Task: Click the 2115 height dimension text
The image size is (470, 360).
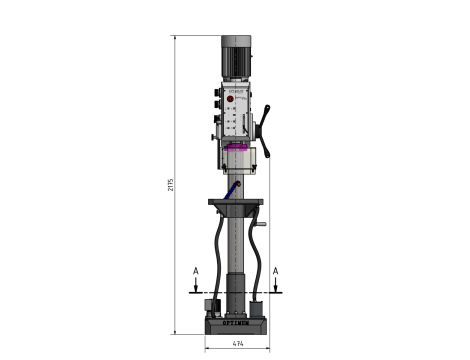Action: [171, 185]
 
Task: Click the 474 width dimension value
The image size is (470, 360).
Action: [237, 345]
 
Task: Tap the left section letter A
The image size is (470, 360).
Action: [197, 270]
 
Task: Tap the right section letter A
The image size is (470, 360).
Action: [275, 270]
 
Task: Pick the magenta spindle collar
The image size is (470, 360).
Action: [238, 149]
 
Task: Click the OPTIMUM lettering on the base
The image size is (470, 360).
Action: [237, 324]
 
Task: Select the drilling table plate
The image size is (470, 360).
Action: [236, 204]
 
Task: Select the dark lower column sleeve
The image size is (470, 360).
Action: [236, 290]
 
